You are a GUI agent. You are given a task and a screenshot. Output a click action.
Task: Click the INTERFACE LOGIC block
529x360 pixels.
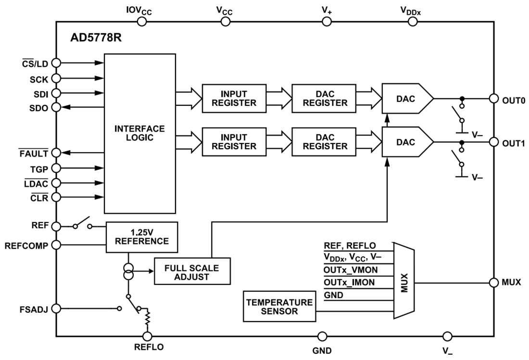139,133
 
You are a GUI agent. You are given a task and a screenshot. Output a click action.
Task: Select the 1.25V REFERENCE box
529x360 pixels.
141,237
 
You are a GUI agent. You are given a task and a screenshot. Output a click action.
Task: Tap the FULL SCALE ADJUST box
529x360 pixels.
192,272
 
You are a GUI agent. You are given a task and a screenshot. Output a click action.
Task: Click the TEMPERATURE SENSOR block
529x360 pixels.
279,307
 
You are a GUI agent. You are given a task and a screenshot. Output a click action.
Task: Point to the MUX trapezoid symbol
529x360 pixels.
403,281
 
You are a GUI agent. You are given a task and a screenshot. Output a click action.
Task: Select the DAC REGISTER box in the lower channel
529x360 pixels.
324,141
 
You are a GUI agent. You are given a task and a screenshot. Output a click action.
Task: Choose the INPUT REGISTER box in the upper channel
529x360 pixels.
234,98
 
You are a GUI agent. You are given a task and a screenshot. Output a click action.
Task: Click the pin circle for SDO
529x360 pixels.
56,108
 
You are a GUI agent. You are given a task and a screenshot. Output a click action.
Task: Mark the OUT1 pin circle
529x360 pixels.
494,142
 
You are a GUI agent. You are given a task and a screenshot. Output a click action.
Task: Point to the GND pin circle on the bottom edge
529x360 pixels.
322,337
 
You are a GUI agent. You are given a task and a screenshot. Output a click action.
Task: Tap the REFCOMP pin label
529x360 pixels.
26,245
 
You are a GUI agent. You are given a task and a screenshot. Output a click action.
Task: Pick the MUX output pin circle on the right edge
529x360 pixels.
494,282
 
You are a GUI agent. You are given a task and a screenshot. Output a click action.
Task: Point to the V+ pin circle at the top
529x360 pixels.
327,21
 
